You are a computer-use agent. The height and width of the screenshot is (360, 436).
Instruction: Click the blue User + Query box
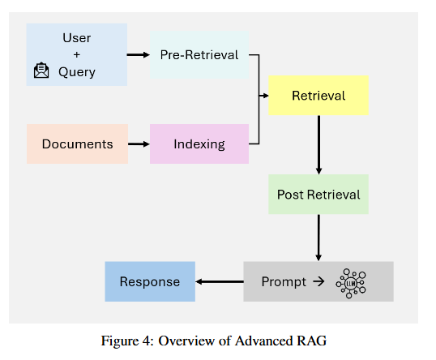pyautogui.click(x=77, y=54)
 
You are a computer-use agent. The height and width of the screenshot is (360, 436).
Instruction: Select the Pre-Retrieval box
pyautogui.click(x=199, y=55)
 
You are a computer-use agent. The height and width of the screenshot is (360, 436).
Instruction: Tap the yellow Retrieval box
pyautogui.click(x=318, y=96)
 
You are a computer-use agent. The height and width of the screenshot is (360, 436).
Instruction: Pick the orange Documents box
pyautogui.click(x=77, y=144)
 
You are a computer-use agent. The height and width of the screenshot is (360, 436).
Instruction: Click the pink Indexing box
pyautogui.click(x=199, y=144)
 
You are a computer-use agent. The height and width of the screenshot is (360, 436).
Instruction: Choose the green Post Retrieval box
pyautogui.click(x=318, y=195)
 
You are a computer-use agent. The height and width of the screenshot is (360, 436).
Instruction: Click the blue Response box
pyautogui.click(x=150, y=281)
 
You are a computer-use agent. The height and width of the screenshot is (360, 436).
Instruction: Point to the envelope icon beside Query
pyautogui.click(x=41, y=71)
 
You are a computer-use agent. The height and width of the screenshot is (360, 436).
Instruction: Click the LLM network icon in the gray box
pyautogui.click(x=351, y=282)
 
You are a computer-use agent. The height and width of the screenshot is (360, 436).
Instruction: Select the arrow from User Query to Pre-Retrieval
pyautogui.click(x=139, y=55)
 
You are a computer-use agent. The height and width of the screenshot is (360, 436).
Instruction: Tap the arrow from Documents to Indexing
pyautogui.click(x=139, y=144)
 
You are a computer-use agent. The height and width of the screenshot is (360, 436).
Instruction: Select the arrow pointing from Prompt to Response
pyautogui.click(x=219, y=282)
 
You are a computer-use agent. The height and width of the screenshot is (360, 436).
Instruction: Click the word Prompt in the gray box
pyautogui.click(x=284, y=282)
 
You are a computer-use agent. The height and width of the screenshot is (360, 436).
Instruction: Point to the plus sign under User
pyautogui.click(x=77, y=54)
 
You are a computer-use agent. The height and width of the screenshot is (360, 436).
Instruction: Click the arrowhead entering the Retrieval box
pyautogui.click(x=264, y=96)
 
